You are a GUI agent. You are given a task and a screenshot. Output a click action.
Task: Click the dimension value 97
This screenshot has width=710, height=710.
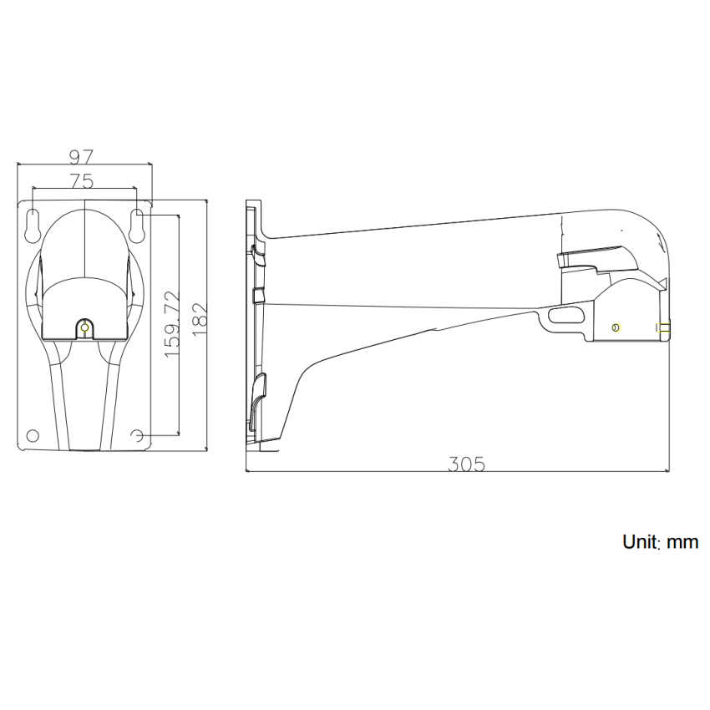[81, 156]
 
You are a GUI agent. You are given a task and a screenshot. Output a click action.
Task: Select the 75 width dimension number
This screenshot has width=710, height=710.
[81, 180]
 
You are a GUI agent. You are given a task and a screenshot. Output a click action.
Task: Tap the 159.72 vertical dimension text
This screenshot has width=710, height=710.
[172, 325]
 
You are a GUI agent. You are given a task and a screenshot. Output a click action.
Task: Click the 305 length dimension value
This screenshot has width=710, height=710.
[466, 464]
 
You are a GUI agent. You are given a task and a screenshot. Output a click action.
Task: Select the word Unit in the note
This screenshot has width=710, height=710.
[642, 542]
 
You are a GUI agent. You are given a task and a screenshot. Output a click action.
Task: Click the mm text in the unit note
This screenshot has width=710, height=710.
[682, 543]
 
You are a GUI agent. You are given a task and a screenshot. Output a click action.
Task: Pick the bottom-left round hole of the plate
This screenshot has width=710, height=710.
[33, 435]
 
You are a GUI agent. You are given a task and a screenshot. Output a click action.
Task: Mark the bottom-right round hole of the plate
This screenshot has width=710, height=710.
[138, 435]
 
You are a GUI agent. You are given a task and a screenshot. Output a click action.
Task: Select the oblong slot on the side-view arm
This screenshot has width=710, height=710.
[566, 314]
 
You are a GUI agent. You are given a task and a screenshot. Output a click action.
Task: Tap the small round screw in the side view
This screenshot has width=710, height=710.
[616, 327]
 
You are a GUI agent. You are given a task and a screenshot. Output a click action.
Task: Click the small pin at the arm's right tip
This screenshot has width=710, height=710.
[665, 328]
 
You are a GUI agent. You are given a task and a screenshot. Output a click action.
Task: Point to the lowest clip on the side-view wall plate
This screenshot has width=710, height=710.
[258, 393]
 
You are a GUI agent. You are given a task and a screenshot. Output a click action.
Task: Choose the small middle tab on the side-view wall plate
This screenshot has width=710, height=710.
[257, 294]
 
